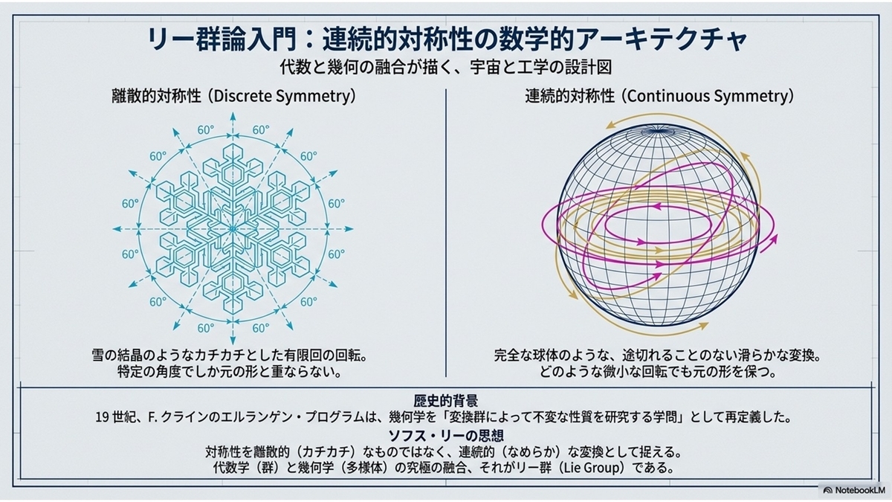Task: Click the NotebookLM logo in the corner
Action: coord(854,490)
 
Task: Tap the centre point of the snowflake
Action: coord(233,229)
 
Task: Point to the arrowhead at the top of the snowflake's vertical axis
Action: coord(233,116)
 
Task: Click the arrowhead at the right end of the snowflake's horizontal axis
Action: coord(349,229)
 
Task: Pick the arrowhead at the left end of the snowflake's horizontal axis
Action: coord(117,229)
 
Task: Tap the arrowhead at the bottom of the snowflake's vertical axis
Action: coord(233,341)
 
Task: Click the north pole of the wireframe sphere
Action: coord(659,129)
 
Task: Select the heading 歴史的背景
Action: coord(445,400)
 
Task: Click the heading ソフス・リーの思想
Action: coord(445,436)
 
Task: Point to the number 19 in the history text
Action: coord(102,417)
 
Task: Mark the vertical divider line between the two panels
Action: coord(446,233)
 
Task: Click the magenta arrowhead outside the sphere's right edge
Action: coord(773,239)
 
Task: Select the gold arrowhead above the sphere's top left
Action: coord(610,126)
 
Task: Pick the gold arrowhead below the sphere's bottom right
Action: coord(704,326)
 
